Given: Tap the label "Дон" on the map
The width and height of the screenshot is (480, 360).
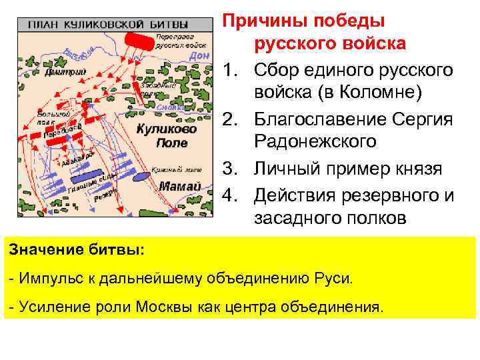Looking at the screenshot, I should (199, 57).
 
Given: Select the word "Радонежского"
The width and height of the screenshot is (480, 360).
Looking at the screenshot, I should (315, 142).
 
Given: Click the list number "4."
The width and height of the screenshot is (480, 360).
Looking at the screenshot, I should (233, 195).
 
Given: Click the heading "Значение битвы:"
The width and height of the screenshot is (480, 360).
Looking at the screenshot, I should (76, 250).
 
